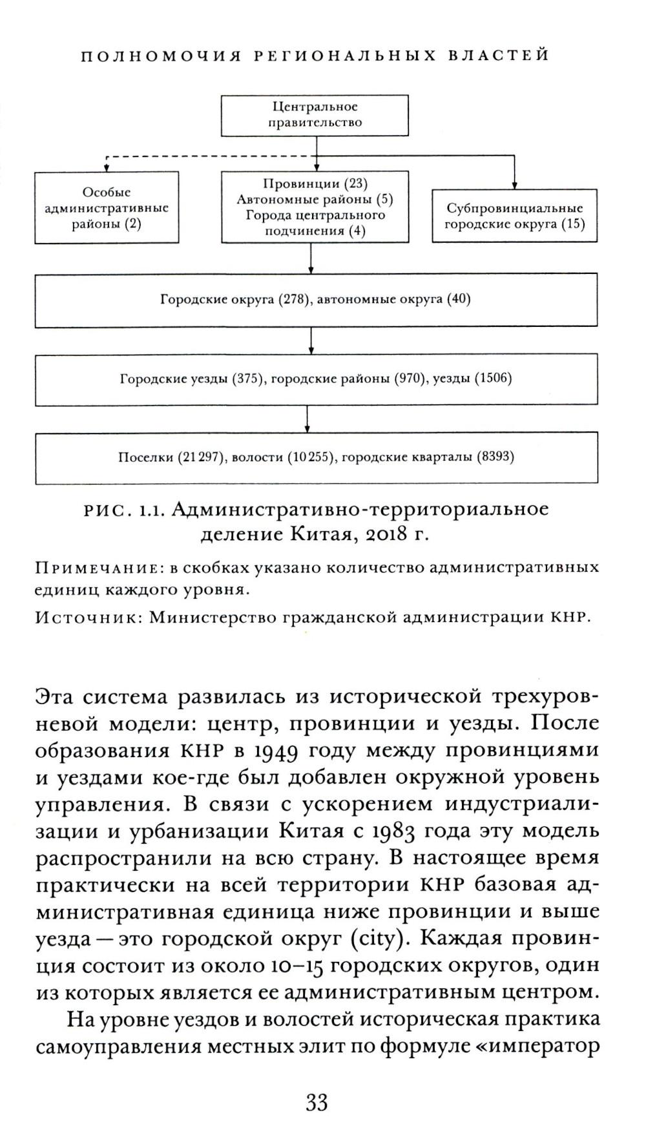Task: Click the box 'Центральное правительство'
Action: click(315, 115)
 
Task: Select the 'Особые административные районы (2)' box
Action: click(107, 207)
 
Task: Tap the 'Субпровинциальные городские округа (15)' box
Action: click(514, 216)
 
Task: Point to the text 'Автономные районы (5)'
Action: click(315, 199)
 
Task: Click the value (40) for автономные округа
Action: click(459, 300)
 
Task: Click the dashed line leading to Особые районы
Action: click(207, 156)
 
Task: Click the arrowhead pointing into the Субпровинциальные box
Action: click(514, 185)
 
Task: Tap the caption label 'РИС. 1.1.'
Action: click(125, 510)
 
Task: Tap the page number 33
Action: click(317, 1101)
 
